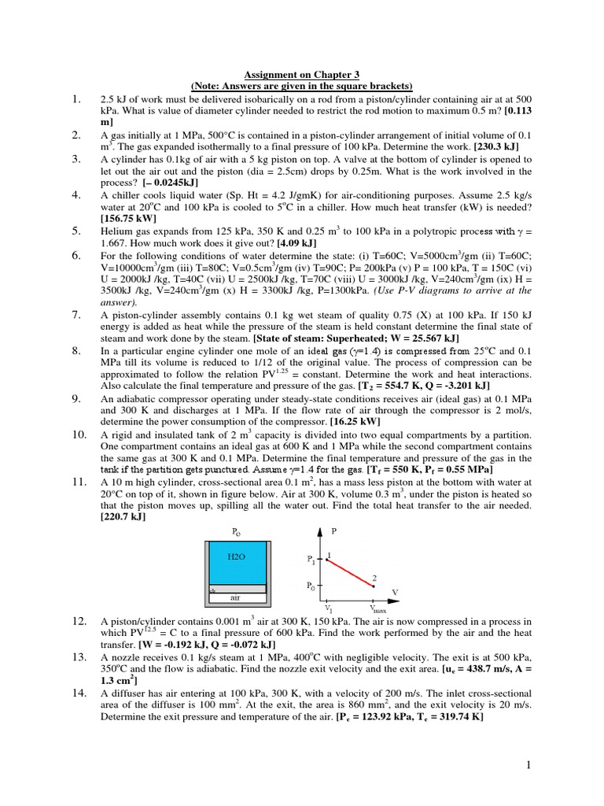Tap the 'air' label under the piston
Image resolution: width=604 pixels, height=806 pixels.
[234, 597]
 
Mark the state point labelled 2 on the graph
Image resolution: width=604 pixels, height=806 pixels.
[374, 585]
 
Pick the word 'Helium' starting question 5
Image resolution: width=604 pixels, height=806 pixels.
[116, 231]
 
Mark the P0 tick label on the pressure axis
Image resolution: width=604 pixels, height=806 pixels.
[311, 586]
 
